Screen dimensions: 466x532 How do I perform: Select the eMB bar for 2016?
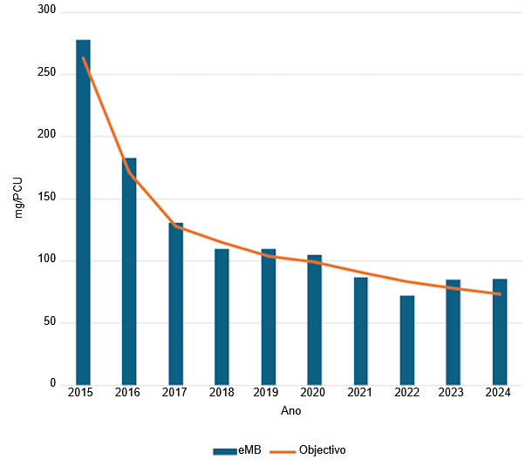coord(129,271)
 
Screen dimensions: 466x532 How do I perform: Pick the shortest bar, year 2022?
coord(407,340)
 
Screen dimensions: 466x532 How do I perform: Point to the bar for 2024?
coord(500,331)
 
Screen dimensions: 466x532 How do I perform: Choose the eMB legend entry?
coord(237,450)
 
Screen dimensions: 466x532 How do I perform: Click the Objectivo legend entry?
coord(309,450)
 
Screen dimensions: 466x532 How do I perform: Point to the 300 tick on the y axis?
coord(45,11)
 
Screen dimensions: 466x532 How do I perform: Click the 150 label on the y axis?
coord(45,198)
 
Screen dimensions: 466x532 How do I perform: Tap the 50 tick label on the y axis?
coord(48,322)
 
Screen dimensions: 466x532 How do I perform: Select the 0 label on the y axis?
coord(51,384)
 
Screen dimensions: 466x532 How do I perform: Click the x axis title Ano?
coord(291,410)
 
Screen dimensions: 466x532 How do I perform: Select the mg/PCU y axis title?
coord(18,198)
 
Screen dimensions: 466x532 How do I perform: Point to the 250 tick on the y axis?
coord(45,73)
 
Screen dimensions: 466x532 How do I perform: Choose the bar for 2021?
coord(361,330)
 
